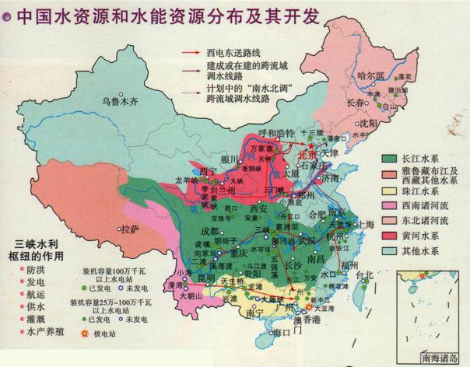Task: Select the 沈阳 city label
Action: [367, 123]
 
